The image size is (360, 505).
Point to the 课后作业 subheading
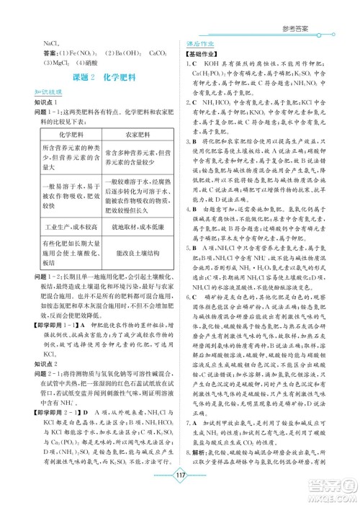[197, 43]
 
